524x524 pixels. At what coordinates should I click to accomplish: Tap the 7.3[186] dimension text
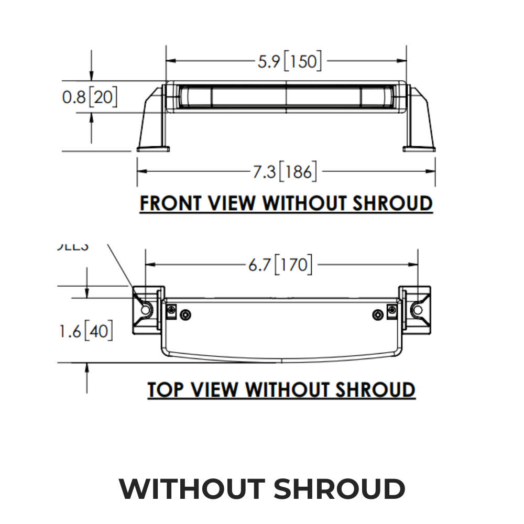285,171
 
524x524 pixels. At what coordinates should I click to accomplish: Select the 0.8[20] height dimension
90,97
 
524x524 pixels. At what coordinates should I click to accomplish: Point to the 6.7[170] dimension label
280,265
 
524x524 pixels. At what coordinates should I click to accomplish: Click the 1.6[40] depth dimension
85,331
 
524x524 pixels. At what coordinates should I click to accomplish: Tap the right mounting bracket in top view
416,310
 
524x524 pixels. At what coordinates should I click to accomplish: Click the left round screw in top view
185,314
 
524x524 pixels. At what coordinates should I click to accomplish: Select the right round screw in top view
378,314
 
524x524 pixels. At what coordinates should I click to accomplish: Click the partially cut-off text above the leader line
72,246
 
